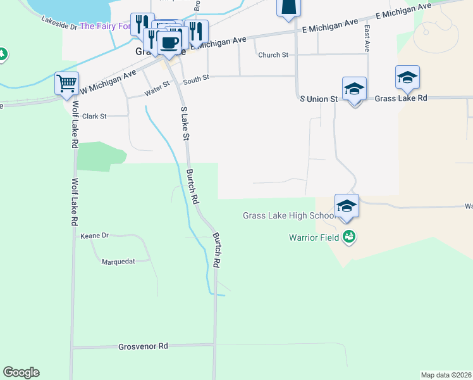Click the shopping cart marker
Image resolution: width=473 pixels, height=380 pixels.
[66, 83]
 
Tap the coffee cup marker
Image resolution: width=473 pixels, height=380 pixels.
[168, 43]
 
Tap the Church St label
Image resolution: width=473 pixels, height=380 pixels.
[273, 55]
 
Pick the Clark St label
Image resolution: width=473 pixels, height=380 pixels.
[94, 117]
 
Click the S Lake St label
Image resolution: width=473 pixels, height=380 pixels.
[185, 123]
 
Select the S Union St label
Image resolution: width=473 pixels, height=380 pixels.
[319, 99]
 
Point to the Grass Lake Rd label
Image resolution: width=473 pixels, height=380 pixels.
[401, 99]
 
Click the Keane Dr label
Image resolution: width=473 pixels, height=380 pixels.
[95, 236]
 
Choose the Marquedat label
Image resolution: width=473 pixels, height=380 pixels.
[119, 261]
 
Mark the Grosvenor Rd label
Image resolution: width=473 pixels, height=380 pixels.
[143, 346]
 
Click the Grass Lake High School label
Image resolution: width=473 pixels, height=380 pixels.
[288, 216]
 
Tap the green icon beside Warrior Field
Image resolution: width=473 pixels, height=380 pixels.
[348, 237]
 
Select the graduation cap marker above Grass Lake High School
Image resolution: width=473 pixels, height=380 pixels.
[347, 206]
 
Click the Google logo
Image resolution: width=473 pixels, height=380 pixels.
[21, 372]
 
